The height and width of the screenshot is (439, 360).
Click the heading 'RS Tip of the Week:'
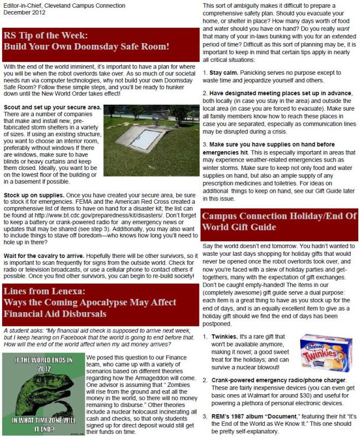point(46,36)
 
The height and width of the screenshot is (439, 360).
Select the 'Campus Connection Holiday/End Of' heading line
point(279,216)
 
